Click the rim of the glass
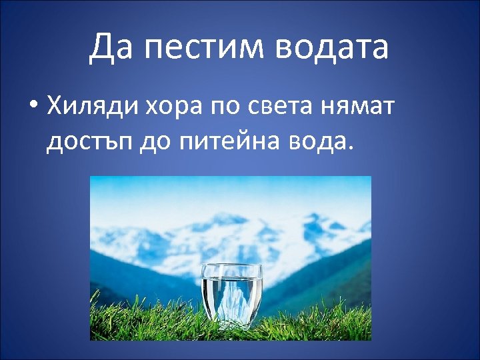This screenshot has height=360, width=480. (x=232, y=267)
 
